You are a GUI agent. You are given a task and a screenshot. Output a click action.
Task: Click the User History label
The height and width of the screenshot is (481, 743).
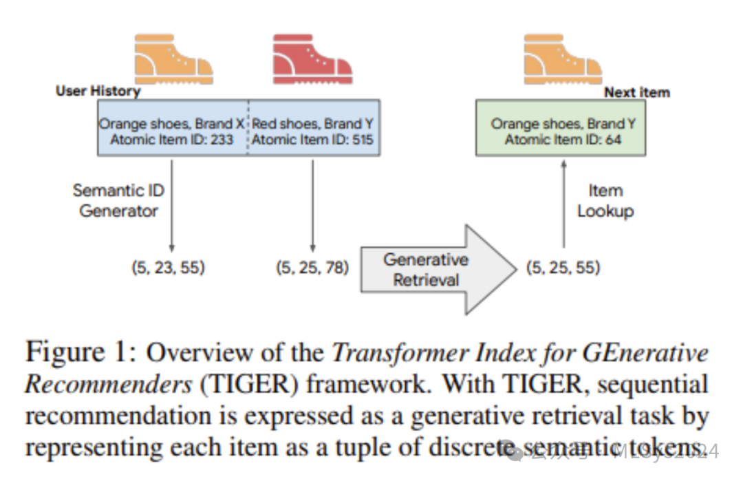98,92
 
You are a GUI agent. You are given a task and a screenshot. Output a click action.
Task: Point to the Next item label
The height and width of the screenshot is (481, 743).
636,92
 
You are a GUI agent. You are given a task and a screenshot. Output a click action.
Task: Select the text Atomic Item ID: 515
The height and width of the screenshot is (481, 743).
313,140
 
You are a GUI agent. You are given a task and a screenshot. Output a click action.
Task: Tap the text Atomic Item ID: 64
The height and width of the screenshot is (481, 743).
563,140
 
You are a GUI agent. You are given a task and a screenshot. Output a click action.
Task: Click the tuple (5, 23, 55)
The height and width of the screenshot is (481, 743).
169,268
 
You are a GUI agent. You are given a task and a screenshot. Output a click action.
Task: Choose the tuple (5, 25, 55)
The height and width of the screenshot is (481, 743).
563,268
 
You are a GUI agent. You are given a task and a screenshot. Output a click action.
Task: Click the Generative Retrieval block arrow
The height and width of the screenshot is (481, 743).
433,269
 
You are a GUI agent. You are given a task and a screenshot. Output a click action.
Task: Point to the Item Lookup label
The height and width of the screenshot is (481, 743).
605,200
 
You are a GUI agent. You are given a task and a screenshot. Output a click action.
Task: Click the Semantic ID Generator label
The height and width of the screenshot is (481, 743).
118,200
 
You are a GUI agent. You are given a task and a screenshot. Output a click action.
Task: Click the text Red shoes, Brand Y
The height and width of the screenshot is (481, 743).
313,124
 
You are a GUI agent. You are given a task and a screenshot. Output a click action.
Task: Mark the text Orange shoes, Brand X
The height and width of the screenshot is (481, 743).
171,124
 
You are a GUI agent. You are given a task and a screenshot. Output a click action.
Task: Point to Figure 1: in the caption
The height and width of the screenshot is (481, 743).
79,354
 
